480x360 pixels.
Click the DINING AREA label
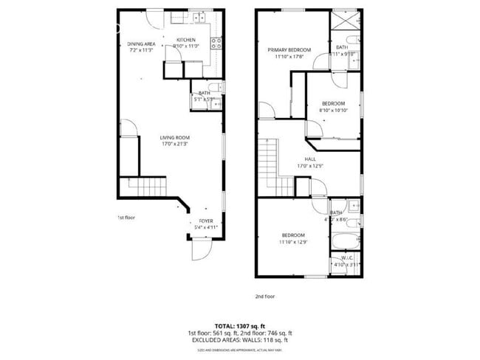point(140,44)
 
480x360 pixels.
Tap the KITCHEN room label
point(185,39)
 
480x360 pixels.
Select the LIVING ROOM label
point(176,137)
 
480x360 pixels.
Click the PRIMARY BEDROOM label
point(289,49)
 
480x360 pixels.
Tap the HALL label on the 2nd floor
point(311,159)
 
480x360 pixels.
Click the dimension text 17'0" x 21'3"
point(176,144)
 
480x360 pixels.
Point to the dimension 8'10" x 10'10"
point(333,110)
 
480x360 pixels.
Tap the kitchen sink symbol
point(198,16)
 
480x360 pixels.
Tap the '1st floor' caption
point(126,218)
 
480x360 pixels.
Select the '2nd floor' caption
point(264,296)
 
